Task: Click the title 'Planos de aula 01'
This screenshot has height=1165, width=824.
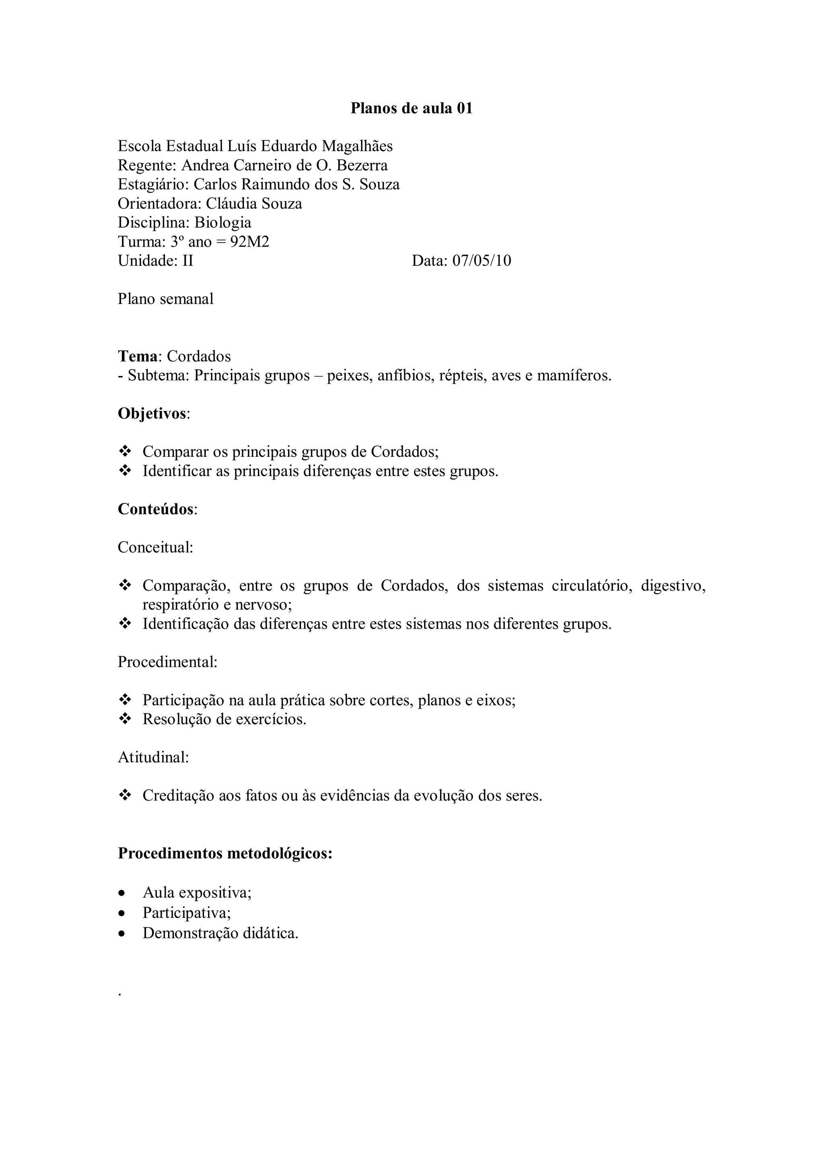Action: (x=411, y=108)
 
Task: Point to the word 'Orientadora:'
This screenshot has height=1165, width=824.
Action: (x=159, y=203)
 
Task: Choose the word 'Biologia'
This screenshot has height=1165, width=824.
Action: (x=223, y=223)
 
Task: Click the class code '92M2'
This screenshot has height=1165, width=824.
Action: (x=249, y=242)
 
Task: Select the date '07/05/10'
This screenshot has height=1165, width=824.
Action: (x=482, y=261)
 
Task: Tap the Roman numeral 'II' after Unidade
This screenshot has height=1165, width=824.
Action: (x=188, y=261)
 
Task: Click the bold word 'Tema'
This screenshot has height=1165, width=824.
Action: (x=137, y=356)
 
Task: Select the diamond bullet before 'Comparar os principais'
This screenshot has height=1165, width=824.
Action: (x=124, y=451)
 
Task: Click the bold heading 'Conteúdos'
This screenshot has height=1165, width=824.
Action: (x=155, y=509)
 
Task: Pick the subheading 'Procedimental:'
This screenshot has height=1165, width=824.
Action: (x=167, y=662)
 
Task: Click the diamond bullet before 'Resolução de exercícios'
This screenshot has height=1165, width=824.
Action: (x=124, y=719)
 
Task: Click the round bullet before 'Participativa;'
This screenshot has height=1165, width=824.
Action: (x=122, y=913)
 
